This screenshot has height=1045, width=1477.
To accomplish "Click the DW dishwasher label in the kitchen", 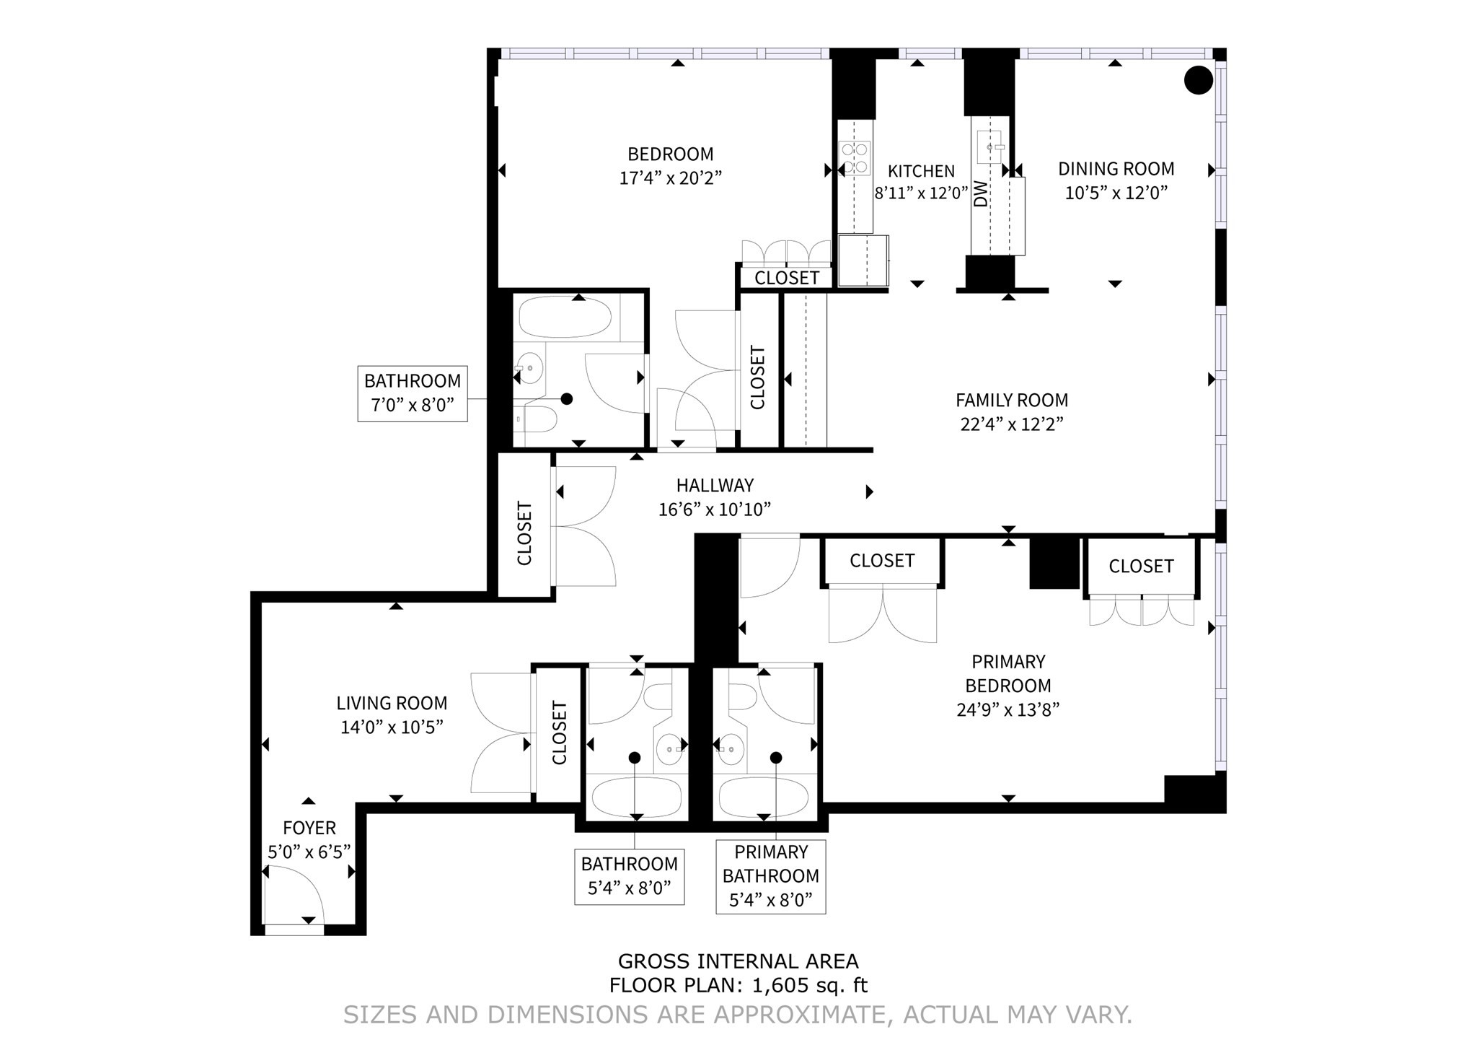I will click(981, 193).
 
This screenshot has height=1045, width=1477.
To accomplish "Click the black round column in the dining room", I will click(1199, 80).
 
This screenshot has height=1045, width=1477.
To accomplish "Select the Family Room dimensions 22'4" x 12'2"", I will click(1012, 424).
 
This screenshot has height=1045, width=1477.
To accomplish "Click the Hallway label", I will click(715, 486).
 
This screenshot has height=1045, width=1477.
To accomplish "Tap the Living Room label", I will click(392, 703).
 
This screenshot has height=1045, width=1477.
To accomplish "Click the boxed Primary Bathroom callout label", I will click(770, 875).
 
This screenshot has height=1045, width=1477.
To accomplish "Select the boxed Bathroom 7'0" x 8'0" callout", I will click(412, 393).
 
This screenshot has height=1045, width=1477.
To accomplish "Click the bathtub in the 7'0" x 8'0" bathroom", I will click(565, 318).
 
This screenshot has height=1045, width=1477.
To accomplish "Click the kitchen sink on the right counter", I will click(990, 147).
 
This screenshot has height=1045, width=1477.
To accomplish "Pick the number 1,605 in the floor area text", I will click(780, 985).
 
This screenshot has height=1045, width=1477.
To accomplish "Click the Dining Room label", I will click(1116, 169).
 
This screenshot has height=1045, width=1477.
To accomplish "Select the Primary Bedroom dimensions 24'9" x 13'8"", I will click(1008, 710).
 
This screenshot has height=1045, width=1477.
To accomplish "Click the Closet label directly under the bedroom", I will click(787, 278).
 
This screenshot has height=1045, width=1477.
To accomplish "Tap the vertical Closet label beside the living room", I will click(560, 733).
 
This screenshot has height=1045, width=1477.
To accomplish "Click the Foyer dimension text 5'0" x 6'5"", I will click(309, 852).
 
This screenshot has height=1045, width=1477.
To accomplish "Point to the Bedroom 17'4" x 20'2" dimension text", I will click(670, 178).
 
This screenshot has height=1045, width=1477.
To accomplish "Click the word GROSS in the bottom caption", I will click(653, 961).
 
